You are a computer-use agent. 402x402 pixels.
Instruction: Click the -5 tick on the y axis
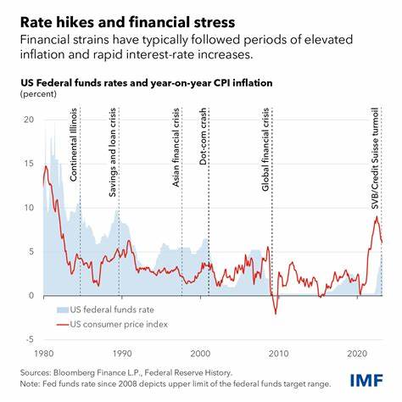point(26,338)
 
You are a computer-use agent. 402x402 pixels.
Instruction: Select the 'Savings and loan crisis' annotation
point(114,153)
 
